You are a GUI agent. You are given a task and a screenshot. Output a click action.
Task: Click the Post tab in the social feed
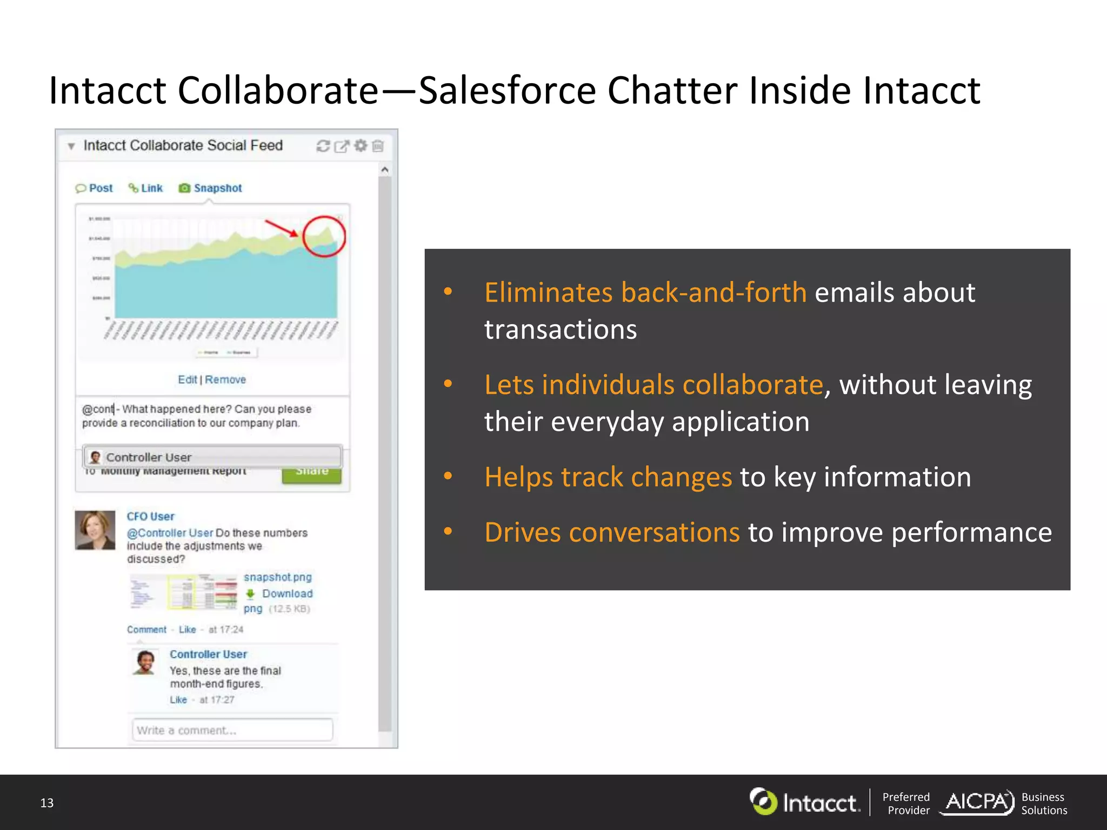[95, 188]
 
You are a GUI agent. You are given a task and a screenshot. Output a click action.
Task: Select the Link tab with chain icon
[146, 188]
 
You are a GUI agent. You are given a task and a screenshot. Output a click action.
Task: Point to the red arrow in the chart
[281, 228]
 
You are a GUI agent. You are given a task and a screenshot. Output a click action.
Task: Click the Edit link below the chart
[187, 379]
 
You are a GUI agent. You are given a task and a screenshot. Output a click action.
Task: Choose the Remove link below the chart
[225, 379]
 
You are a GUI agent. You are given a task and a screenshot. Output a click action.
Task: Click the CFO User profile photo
[95, 530]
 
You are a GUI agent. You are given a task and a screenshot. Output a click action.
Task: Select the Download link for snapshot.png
[287, 593]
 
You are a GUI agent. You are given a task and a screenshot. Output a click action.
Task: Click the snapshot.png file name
[277, 577]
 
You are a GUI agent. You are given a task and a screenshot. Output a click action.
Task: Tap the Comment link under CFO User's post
[146, 630]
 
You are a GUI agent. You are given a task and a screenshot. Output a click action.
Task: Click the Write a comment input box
[232, 730]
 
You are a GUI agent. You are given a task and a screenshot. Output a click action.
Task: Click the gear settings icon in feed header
[361, 146]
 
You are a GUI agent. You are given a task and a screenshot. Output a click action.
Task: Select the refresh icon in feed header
[323, 146]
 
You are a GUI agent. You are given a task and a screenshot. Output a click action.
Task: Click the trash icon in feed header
[378, 146]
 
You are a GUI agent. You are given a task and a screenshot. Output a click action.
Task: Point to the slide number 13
[47, 803]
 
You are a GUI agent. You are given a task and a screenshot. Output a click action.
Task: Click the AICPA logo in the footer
[977, 802]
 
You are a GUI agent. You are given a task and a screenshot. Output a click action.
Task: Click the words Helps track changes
[608, 477]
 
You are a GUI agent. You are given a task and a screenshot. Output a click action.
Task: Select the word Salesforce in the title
[507, 90]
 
